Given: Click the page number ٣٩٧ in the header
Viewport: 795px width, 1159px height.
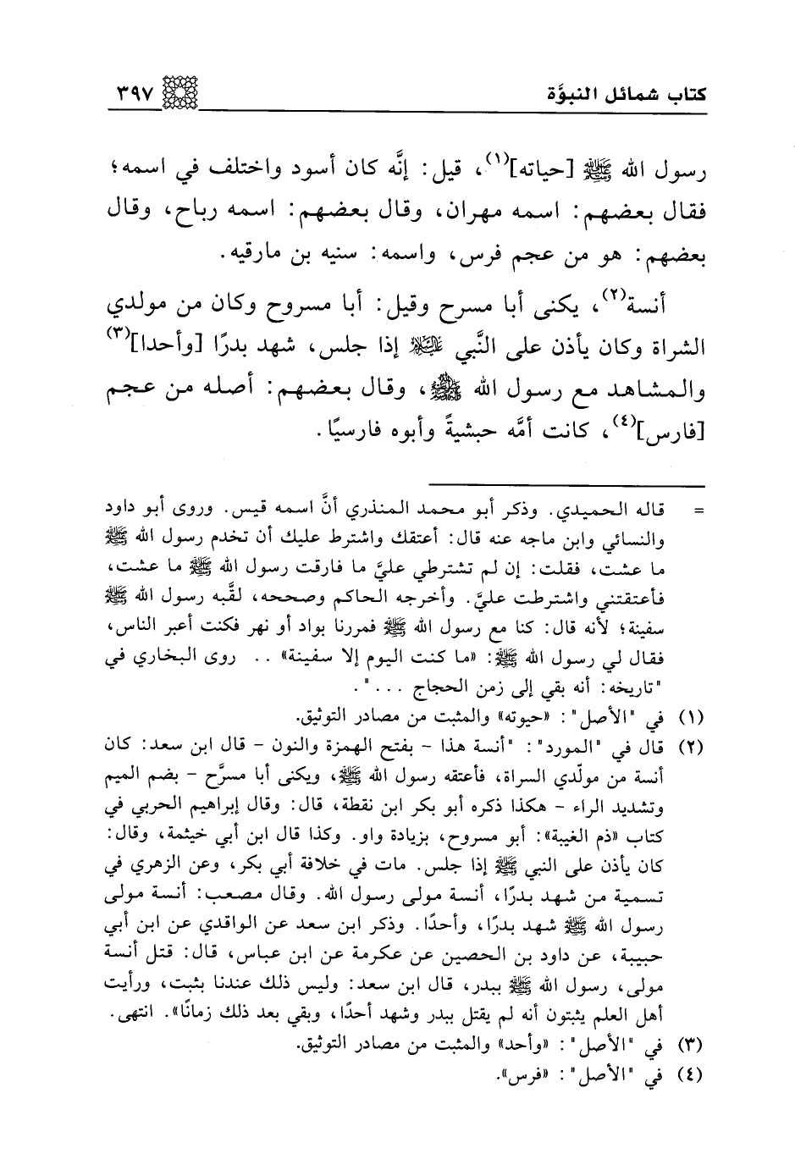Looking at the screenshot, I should (x=139, y=89).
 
